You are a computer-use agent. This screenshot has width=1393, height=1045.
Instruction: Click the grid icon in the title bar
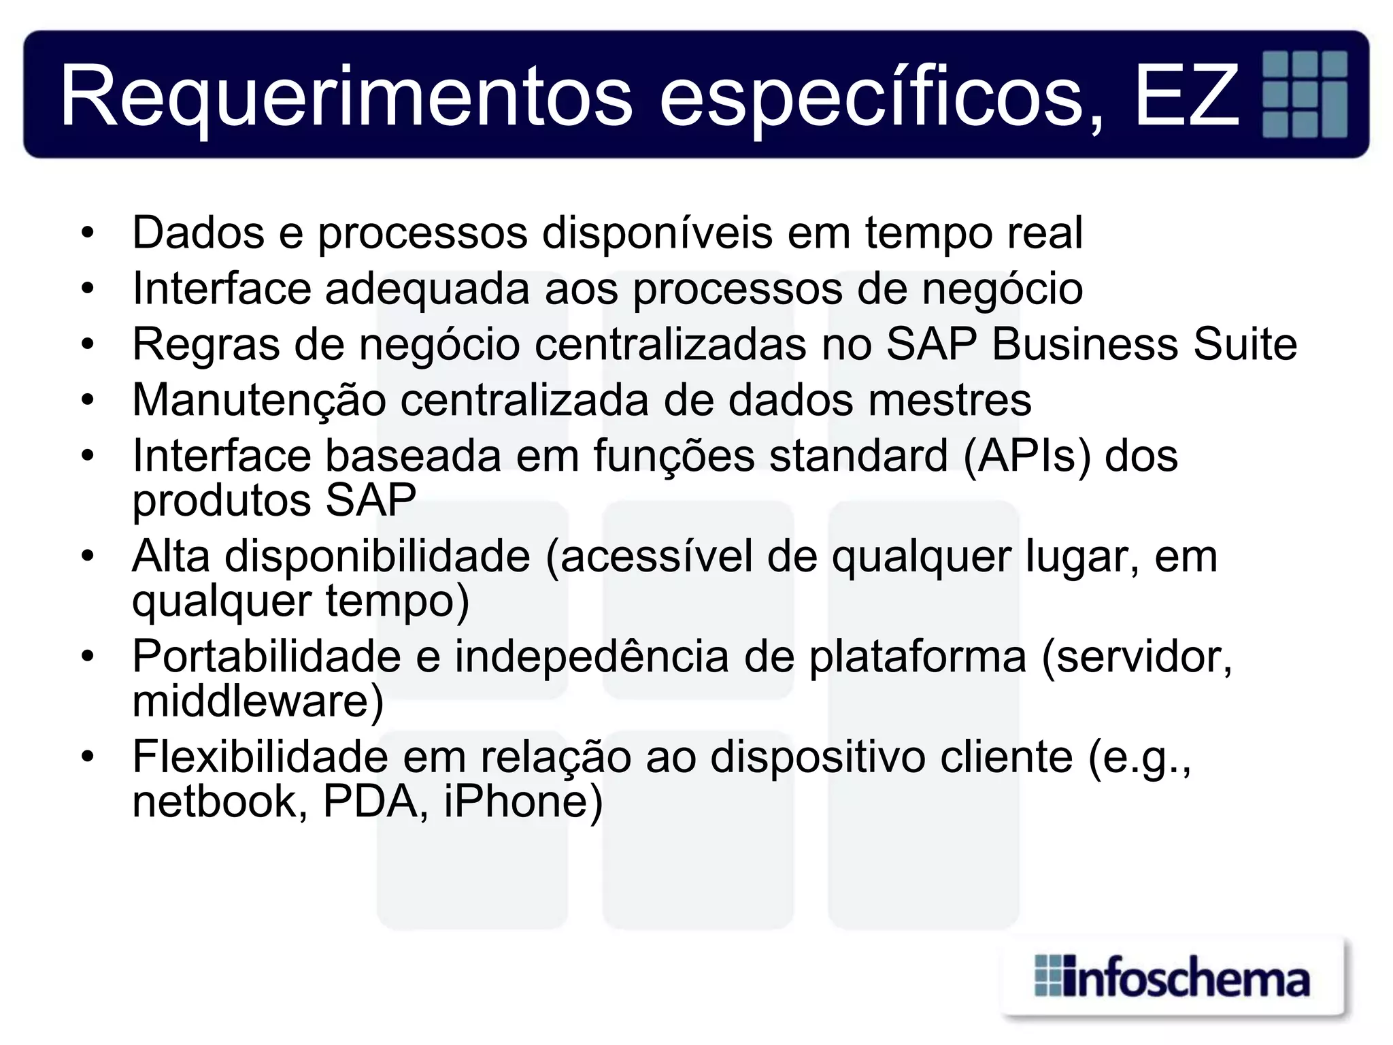pyautogui.click(x=1304, y=94)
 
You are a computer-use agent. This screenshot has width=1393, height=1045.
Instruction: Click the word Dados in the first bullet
pyautogui.click(x=198, y=233)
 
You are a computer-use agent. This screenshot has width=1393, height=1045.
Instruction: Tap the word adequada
pyautogui.click(x=427, y=288)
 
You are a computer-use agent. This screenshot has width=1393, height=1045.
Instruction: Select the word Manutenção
pyautogui.click(x=259, y=400)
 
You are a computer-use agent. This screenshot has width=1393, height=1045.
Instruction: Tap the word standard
pyautogui.click(x=858, y=455)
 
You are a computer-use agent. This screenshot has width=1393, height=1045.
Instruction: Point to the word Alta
pyautogui.click(x=171, y=556)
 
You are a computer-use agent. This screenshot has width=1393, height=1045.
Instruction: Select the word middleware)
pyautogui.click(x=258, y=701)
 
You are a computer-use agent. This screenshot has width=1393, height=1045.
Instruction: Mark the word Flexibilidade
pyautogui.click(x=260, y=757)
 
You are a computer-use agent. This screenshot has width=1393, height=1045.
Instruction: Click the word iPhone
pyautogui.click(x=522, y=801)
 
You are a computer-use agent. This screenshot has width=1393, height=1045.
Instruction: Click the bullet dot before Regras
pyautogui.click(x=87, y=345)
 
